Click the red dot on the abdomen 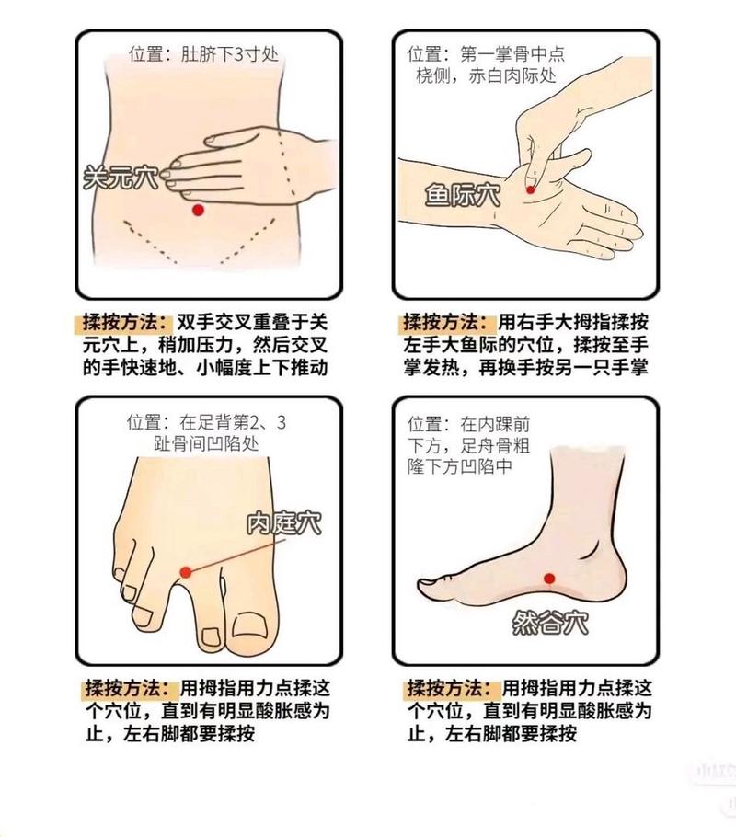point(197,211)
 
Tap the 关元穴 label point(121,177)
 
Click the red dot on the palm point(531,189)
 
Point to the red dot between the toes point(186,572)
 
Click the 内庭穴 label point(283,523)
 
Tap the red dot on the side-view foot point(549,579)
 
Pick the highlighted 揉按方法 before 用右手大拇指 point(448,323)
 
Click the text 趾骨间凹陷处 point(207,443)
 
